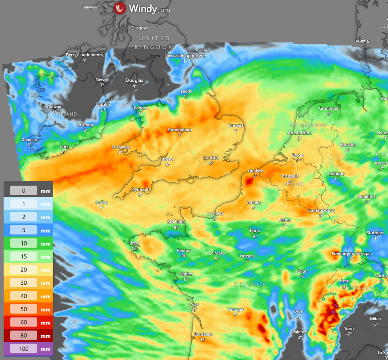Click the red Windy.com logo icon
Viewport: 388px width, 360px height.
tap(120, 8)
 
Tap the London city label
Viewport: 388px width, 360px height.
tap(211, 158)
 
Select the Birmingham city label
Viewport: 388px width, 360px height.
tap(180, 130)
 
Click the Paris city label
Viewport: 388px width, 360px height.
tap(255, 231)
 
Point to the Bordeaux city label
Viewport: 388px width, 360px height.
tap(203, 334)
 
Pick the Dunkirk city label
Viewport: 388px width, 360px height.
tap(255, 171)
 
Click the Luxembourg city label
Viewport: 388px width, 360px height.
tap(321, 210)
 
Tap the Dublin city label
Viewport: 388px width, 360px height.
tap(103, 104)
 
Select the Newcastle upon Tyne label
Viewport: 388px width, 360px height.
tap(185, 56)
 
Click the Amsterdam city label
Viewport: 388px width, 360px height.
tap(300, 133)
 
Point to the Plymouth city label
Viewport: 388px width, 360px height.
tap(140, 189)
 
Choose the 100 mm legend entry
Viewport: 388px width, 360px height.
tap(24, 349)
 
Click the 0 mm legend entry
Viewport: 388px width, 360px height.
tap(24, 190)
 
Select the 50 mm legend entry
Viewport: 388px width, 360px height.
tap(24, 309)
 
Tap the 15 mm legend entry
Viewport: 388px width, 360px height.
tap(24, 257)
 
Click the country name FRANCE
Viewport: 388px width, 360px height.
tap(250, 285)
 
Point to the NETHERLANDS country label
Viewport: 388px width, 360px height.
tap(309, 125)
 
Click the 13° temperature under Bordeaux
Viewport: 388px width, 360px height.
tap(203, 339)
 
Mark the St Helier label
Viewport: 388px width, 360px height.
tap(176, 222)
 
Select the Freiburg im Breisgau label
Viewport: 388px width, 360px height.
tap(351, 254)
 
